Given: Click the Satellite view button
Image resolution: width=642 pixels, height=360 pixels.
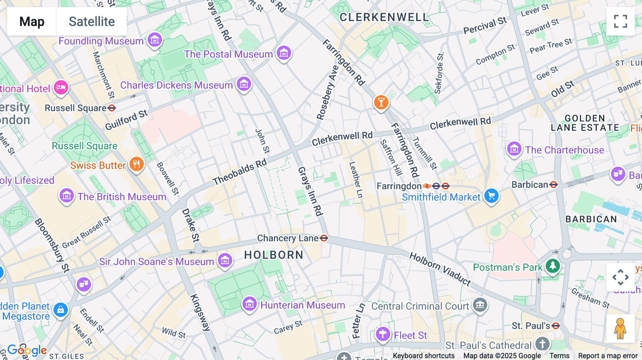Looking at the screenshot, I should coord(92,21).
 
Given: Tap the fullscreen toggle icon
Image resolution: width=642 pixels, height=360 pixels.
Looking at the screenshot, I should coord(620,21).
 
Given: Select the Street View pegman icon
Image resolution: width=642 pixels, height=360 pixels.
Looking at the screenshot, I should coord(620,329).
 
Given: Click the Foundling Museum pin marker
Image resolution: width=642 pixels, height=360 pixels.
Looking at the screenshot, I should coord(155,40).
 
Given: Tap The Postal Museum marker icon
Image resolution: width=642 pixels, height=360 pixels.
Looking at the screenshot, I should coord(284,53).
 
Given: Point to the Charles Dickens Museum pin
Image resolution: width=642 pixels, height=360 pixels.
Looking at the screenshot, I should coord(244,84).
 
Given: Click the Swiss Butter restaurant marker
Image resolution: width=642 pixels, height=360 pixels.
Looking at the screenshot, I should coord(136,164).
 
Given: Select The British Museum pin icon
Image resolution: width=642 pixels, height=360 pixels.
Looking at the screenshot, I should coord(67,196).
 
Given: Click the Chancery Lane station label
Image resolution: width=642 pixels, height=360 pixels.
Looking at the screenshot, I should coord(288,238).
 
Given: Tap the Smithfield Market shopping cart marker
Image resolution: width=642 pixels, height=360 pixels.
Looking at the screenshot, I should coord(491,196).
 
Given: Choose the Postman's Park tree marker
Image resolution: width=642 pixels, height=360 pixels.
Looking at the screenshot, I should coord(553,266).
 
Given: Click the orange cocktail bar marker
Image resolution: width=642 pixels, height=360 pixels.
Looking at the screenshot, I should coord(381,102).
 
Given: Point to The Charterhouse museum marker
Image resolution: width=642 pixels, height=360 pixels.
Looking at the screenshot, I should coord(514,149).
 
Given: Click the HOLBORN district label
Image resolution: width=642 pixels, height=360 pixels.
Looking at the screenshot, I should coord(274,255).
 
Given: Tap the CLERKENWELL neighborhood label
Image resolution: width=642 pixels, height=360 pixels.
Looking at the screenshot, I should coord(384,17).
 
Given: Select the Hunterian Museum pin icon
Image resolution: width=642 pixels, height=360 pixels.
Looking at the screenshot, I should coord(250,304).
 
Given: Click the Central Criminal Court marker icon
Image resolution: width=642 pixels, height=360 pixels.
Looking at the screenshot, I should coord(480,305).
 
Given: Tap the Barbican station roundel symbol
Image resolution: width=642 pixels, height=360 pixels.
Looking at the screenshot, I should coord(554,185).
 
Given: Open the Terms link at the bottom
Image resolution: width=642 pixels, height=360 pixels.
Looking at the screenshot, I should coord(559,355).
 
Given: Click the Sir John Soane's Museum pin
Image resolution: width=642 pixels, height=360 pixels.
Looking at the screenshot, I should coord(225,261).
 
